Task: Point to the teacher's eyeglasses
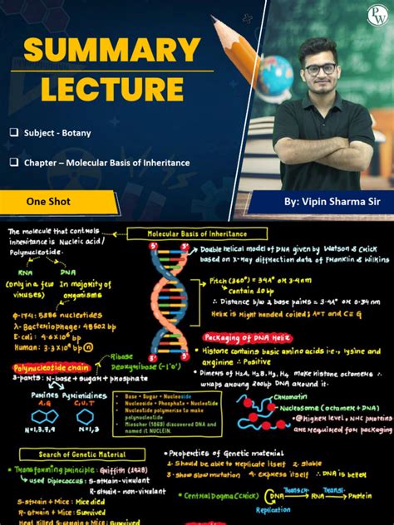pos(320,68)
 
